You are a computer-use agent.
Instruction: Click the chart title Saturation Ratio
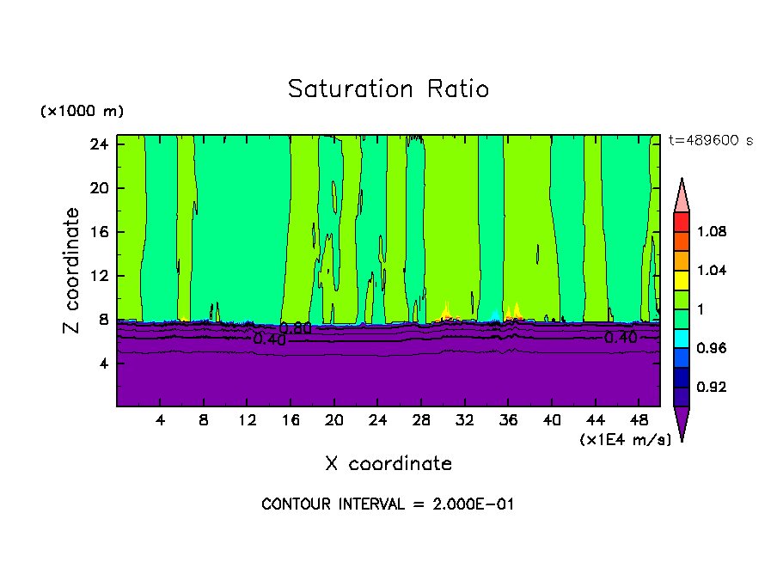point(388,89)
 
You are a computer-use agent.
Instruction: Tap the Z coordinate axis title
point(72,271)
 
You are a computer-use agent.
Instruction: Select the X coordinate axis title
point(388,464)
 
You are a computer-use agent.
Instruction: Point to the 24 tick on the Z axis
point(98,144)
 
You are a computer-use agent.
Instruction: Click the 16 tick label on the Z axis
point(98,232)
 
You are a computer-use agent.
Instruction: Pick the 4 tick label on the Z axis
point(103,363)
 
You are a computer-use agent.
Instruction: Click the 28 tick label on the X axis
point(421,420)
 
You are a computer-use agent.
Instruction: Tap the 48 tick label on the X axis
point(639,420)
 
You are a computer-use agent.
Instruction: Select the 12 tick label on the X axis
point(247,420)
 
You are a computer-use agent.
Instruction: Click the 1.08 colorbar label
point(713,232)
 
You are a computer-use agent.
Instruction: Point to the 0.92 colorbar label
point(713,387)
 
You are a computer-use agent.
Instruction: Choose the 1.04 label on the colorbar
point(713,271)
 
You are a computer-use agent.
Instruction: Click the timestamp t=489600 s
point(710,141)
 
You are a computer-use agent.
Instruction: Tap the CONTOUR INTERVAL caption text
point(388,504)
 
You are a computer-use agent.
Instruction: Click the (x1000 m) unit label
point(82,112)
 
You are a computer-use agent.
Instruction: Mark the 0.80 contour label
point(295,328)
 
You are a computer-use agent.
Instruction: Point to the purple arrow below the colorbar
point(682,423)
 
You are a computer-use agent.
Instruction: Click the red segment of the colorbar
point(682,222)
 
